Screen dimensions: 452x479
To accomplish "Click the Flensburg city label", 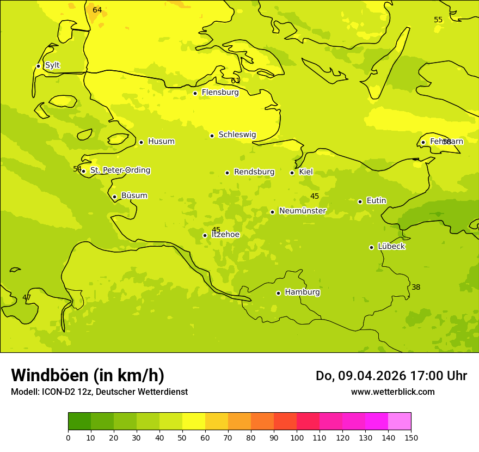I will coord(220,93).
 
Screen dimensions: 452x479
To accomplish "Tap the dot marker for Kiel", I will coord(292,173).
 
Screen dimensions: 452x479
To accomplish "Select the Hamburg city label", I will coord(302,292).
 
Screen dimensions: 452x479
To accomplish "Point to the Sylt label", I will coord(52,65).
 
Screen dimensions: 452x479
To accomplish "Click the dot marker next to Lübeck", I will coord(372,247).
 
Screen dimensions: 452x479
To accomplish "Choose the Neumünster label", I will coord(302,211).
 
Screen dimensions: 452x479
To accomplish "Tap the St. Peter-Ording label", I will coord(120,170).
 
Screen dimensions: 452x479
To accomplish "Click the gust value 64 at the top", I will coord(97,10).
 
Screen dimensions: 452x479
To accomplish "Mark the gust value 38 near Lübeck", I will coord(416,287).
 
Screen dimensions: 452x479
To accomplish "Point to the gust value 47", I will coord(27,297).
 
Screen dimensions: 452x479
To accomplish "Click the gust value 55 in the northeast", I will coord(438,20).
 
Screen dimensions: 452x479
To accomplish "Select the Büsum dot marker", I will coord(114,197).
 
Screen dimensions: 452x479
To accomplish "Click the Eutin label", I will coord(376,201).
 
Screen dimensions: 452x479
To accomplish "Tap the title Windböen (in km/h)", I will coord(88,375).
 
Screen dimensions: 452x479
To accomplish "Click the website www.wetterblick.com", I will coord(392,392).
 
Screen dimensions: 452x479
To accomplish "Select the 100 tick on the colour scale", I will coord(297,437).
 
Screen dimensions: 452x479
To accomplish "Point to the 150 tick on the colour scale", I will coord(411,437).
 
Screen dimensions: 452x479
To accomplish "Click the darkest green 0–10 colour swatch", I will coord(79,422).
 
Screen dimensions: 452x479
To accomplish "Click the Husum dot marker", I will coord(141,142).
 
